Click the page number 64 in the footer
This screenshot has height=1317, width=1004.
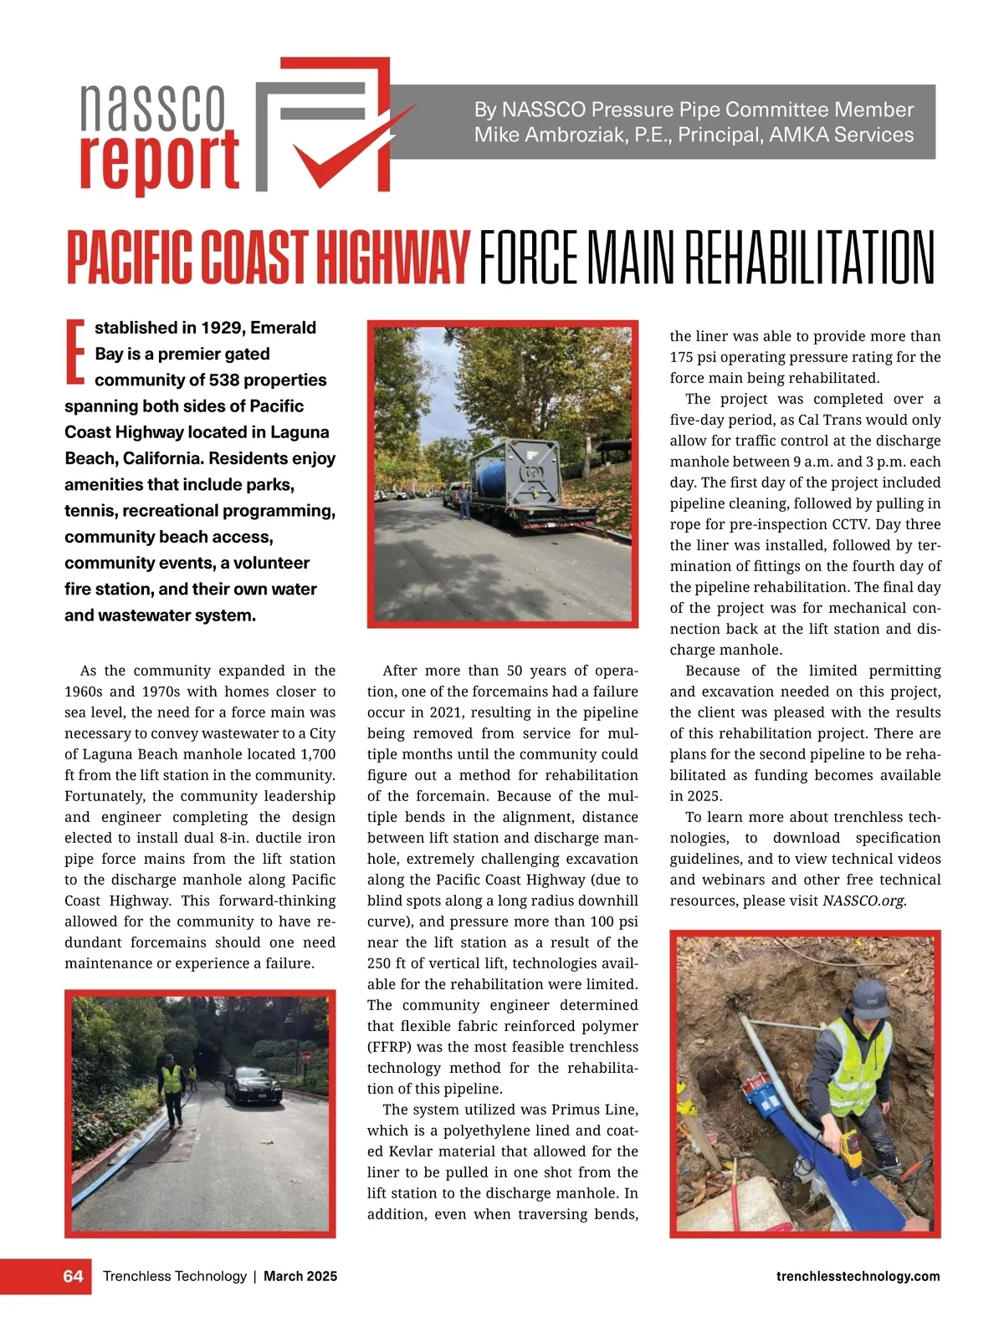coord(74,1276)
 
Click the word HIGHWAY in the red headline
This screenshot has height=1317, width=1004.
coord(391,258)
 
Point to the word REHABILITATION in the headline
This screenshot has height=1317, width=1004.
coord(809,258)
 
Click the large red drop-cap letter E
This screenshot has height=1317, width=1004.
coord(75,351)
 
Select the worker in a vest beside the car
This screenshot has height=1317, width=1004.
coord(172,1089)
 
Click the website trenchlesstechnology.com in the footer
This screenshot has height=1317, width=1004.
coord(858,1276)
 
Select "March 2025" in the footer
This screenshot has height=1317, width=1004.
coord(300,1276)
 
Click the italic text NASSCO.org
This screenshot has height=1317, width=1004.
coord(863,901)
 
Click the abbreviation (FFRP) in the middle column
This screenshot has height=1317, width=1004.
coord(390,1047)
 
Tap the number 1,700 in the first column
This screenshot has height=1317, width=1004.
coord(318,754)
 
